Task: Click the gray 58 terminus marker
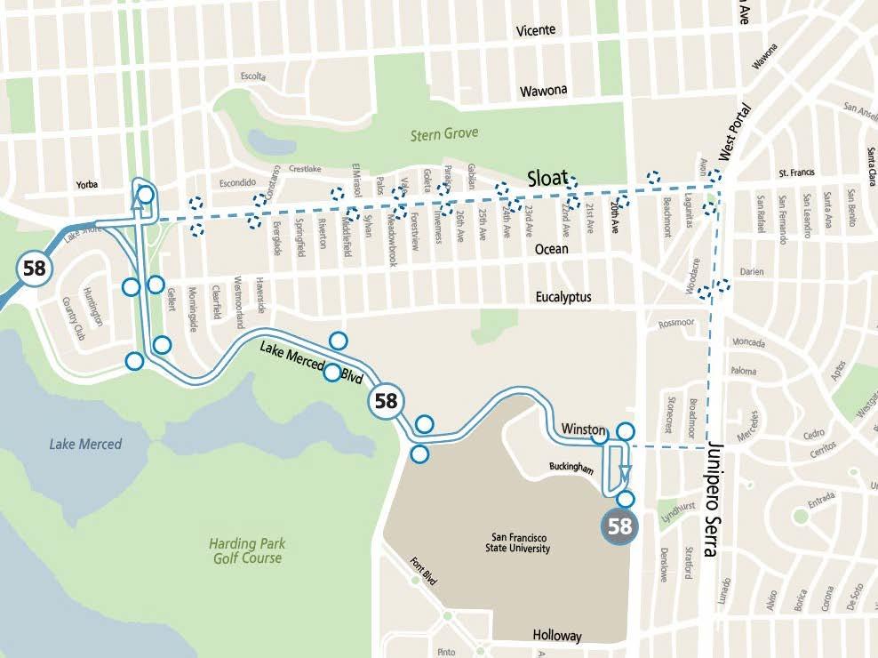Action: pos(619,526)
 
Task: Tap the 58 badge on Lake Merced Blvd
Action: pos(386,401)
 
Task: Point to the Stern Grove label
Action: pos(444,134)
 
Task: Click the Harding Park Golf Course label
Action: pos(247,551)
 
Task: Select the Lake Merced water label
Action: pos(85,444)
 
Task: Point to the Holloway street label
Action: pos(557,635)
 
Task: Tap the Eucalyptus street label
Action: pos(563,297)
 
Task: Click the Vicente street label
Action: pos(536,30)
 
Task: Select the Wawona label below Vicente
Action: pos(543,91)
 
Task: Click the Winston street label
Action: pos(583,429)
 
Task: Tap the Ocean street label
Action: pos(551,249)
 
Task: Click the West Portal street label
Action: pos(736,133)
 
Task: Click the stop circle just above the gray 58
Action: pos(626,499)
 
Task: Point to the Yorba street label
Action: pos(86,185)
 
